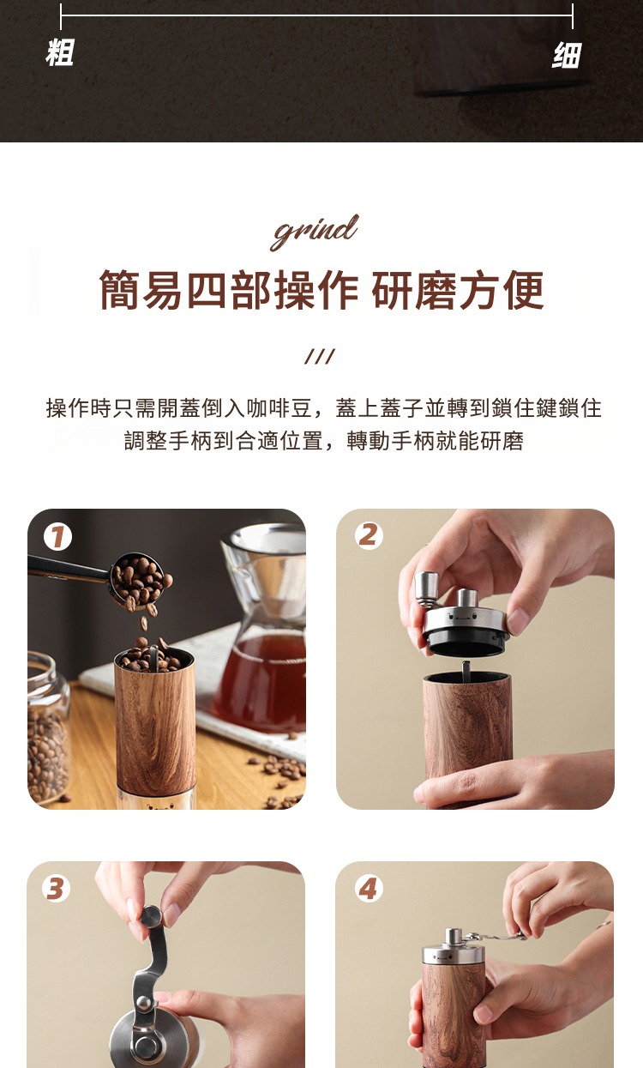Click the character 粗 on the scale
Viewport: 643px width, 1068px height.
(x=59, y=52)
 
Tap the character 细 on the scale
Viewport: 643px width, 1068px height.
(x=567, y=55)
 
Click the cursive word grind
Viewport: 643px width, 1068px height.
(x=315, y=232)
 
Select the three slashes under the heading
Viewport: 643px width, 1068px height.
(x=320, y=356)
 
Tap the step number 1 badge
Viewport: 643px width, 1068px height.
(x=57, y=537)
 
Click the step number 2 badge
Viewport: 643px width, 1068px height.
(x=369, y=535)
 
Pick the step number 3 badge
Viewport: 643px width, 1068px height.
(x=56, y=889)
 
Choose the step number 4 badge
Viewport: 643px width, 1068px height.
(x=369, y=889)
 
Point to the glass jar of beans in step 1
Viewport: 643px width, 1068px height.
(x=48, y=728)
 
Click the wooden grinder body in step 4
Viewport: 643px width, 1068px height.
(x=453, y=1016)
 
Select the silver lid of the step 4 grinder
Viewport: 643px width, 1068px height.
(x=453, y=949)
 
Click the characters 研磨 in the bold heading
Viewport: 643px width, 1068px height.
(x=414, y=289)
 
